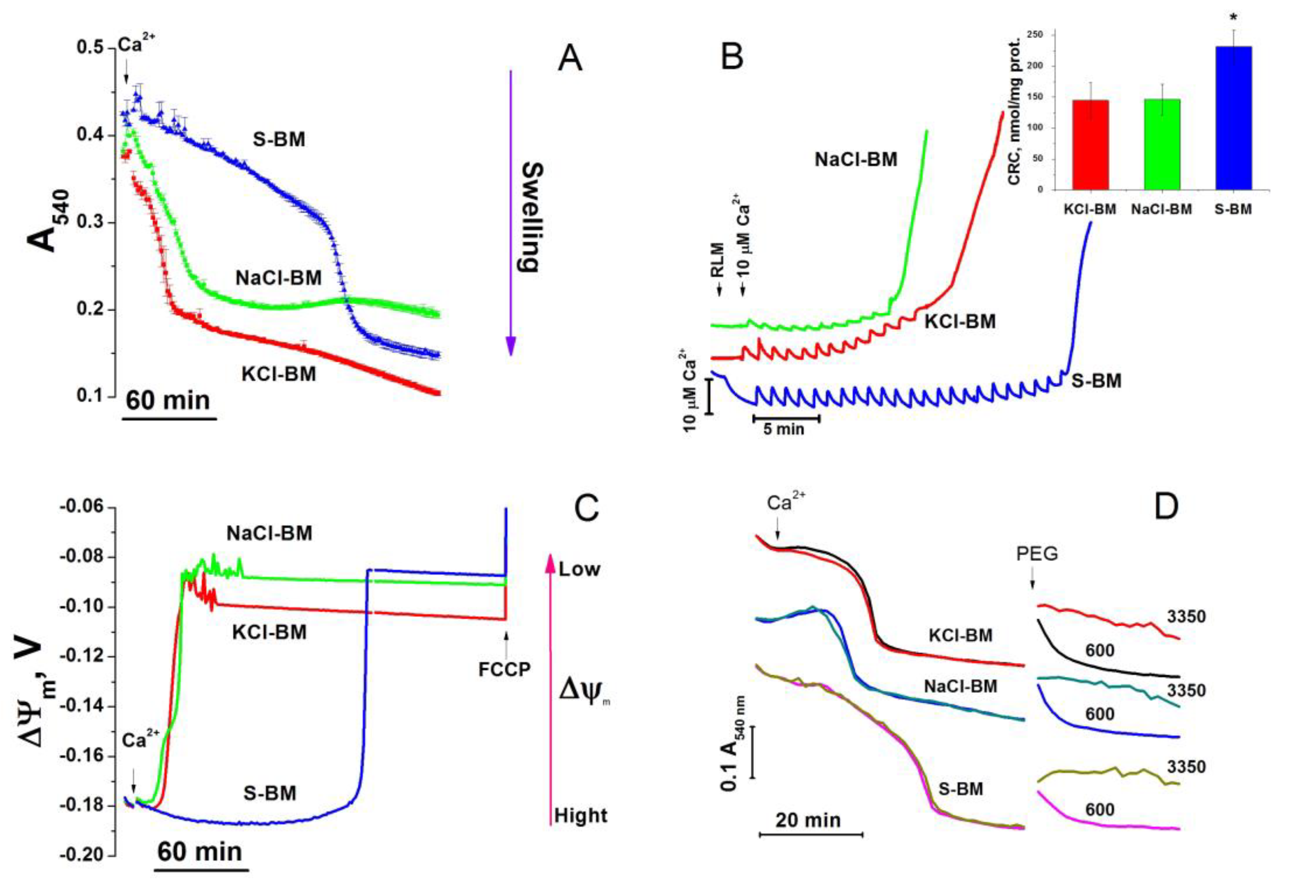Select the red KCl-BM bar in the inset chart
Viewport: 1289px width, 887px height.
pos(1090,145)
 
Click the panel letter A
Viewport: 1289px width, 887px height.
pos(570,59)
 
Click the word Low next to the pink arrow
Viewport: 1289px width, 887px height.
pos(579,570)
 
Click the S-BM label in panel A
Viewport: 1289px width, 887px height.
pos(279,139)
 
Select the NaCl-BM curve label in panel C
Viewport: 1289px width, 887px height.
pos(270,533)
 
